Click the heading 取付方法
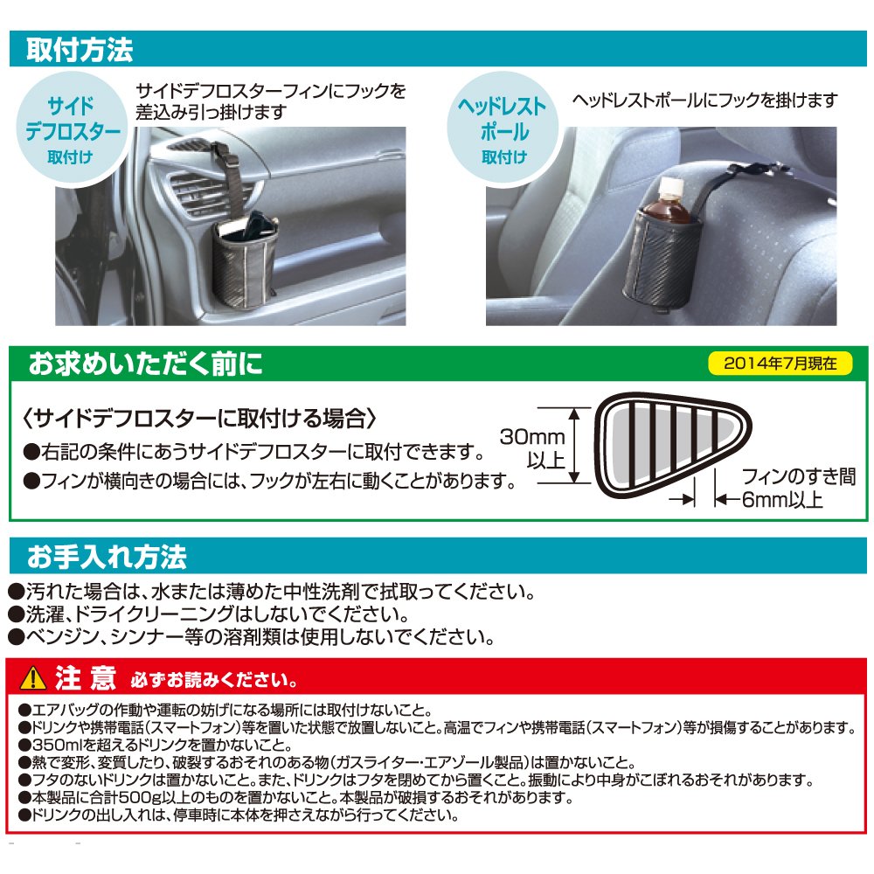pos(80,49)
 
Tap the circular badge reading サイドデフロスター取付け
pos(70,129)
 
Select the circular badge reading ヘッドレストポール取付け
pos(504,129)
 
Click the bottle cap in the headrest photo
pos(671,184)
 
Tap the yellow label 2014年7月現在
pos(780,364)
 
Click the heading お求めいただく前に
pos(145,364)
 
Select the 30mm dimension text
pos(532,436)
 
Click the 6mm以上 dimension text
pos(782,500)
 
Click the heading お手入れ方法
pos(107,556)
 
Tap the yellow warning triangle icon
pos(33,678)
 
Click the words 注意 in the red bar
pos(86,678)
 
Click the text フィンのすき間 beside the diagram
pos(798,476)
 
